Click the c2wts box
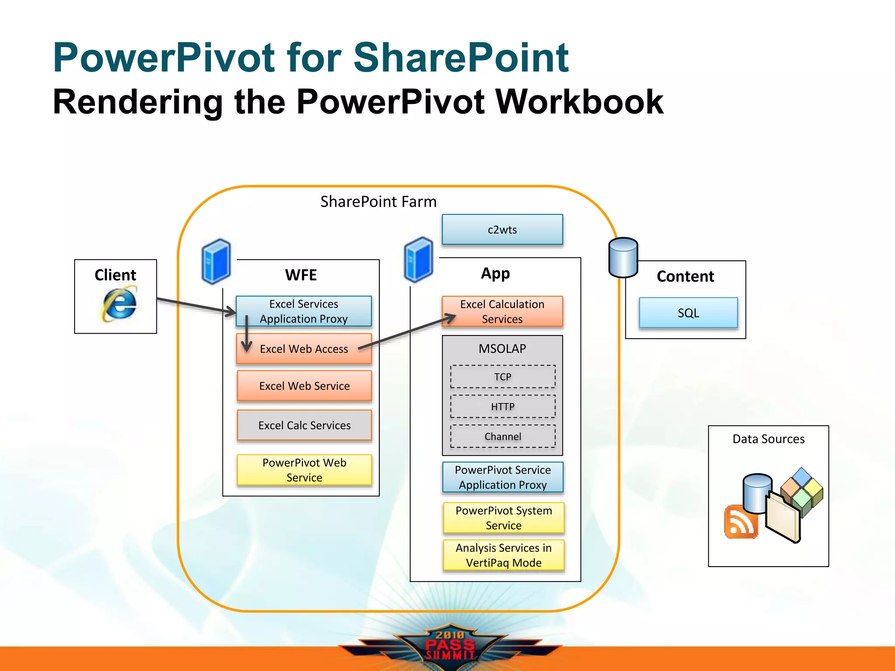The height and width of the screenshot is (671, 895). tap(502, 229)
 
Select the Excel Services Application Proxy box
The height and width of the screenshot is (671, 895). tap(304, 311)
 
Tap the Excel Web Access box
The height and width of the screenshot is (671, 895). tap(304, 349)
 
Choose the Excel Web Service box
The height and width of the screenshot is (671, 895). tap(304, 386)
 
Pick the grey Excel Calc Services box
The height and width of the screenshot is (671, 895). tap(304, 425)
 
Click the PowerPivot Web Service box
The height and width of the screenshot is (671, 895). tap(304, 470)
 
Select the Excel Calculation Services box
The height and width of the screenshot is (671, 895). tap(502, 311)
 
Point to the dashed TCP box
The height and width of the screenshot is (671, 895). tap(503, 377)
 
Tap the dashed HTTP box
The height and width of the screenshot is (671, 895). tap(503, 407)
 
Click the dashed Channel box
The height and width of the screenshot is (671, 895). tap(503, 436)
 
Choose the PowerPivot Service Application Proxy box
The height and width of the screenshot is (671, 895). tap(503, 477)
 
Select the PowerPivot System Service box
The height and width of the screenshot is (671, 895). tap(503, 518)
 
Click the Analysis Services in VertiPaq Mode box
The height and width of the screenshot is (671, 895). tap(503, 555)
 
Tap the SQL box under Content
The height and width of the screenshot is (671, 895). tap(688, 313)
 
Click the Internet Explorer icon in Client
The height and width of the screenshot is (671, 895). tap(119, 303)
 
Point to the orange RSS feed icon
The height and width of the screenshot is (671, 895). tap(740, 522)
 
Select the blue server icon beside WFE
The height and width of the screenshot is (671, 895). tap(216, 261)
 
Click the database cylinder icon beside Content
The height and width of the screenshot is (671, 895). tap(623, 257)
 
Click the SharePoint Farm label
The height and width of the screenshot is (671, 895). tap(378, 201)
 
